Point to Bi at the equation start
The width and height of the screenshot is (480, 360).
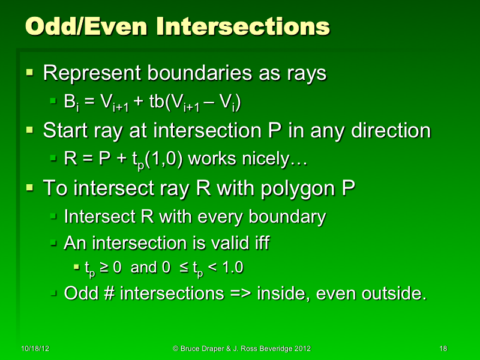[71, 103]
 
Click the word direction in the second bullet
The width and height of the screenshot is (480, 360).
[391, 130]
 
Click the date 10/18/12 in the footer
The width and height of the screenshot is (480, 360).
[35, 349]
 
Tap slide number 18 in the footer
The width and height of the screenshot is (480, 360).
[443, 349]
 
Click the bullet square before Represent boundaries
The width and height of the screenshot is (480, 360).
[29, 73]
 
